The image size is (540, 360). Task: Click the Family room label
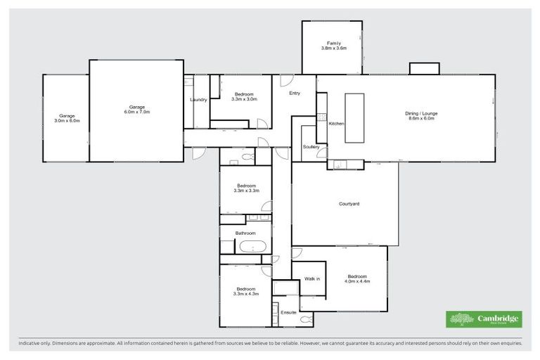333,43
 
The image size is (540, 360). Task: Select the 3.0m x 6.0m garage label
67,120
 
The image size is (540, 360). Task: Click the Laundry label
198,100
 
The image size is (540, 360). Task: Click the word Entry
295,94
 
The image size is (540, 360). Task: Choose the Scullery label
311,147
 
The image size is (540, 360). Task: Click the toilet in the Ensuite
307,320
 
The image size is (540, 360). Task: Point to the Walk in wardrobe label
311,279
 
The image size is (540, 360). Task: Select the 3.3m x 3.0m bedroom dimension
244,99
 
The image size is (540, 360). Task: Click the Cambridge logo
484,319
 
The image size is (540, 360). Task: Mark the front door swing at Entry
286,82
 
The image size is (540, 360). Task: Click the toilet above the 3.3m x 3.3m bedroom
247,157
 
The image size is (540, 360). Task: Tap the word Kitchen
337,124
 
